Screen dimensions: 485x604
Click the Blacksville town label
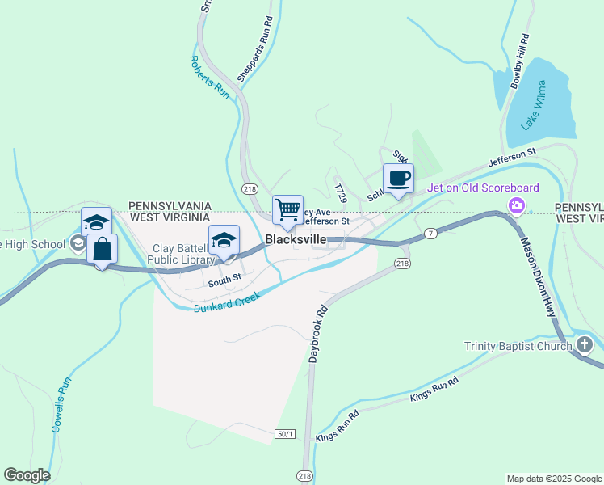(296, 240)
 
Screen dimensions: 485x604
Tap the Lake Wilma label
(533, 105)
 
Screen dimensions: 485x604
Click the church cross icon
(585, 346)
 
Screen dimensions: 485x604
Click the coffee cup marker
(398, 179)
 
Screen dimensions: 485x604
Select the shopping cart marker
(288, 210)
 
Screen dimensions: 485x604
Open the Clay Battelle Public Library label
(182, 253)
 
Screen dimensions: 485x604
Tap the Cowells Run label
(61, 404)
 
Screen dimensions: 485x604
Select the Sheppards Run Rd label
(254, 50)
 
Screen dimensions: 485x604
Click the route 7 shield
(432, 234)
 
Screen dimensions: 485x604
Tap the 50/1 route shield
(285, 434)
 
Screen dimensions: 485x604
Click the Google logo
(27, 475)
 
